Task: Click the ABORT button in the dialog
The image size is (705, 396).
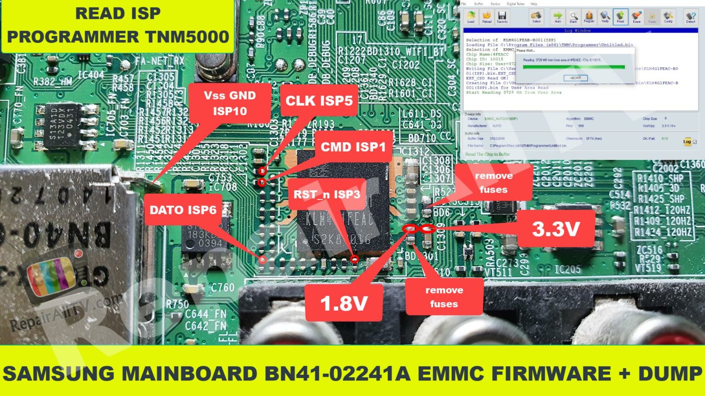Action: [x=576, y=78]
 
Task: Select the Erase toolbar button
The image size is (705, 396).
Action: [x=636, y=16]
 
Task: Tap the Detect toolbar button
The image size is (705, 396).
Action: [x=690, y=16]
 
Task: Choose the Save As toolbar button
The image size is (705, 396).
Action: [x=502, y=16]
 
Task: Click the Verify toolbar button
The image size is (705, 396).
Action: [x=605, y=16]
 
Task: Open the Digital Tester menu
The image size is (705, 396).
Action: [x=515, y=4]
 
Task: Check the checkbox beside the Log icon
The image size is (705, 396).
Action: [x=694, y=142]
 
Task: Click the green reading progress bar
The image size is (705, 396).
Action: [x=574, y=67]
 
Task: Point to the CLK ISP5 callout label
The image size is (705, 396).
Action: [x=319, y=101]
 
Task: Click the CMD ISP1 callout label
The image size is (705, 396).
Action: [x=353, y=147]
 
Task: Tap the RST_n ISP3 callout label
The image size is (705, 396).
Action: [x=327, y=194]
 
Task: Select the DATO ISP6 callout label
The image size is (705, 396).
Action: [x=183, y=210]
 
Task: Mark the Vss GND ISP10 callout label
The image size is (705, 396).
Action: [x=229, y=103]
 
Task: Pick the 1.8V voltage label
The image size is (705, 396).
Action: [x=344, y=302]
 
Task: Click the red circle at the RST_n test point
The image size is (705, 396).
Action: [x=354, y=259]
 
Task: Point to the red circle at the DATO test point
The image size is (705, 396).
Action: [x=263, y=259]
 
